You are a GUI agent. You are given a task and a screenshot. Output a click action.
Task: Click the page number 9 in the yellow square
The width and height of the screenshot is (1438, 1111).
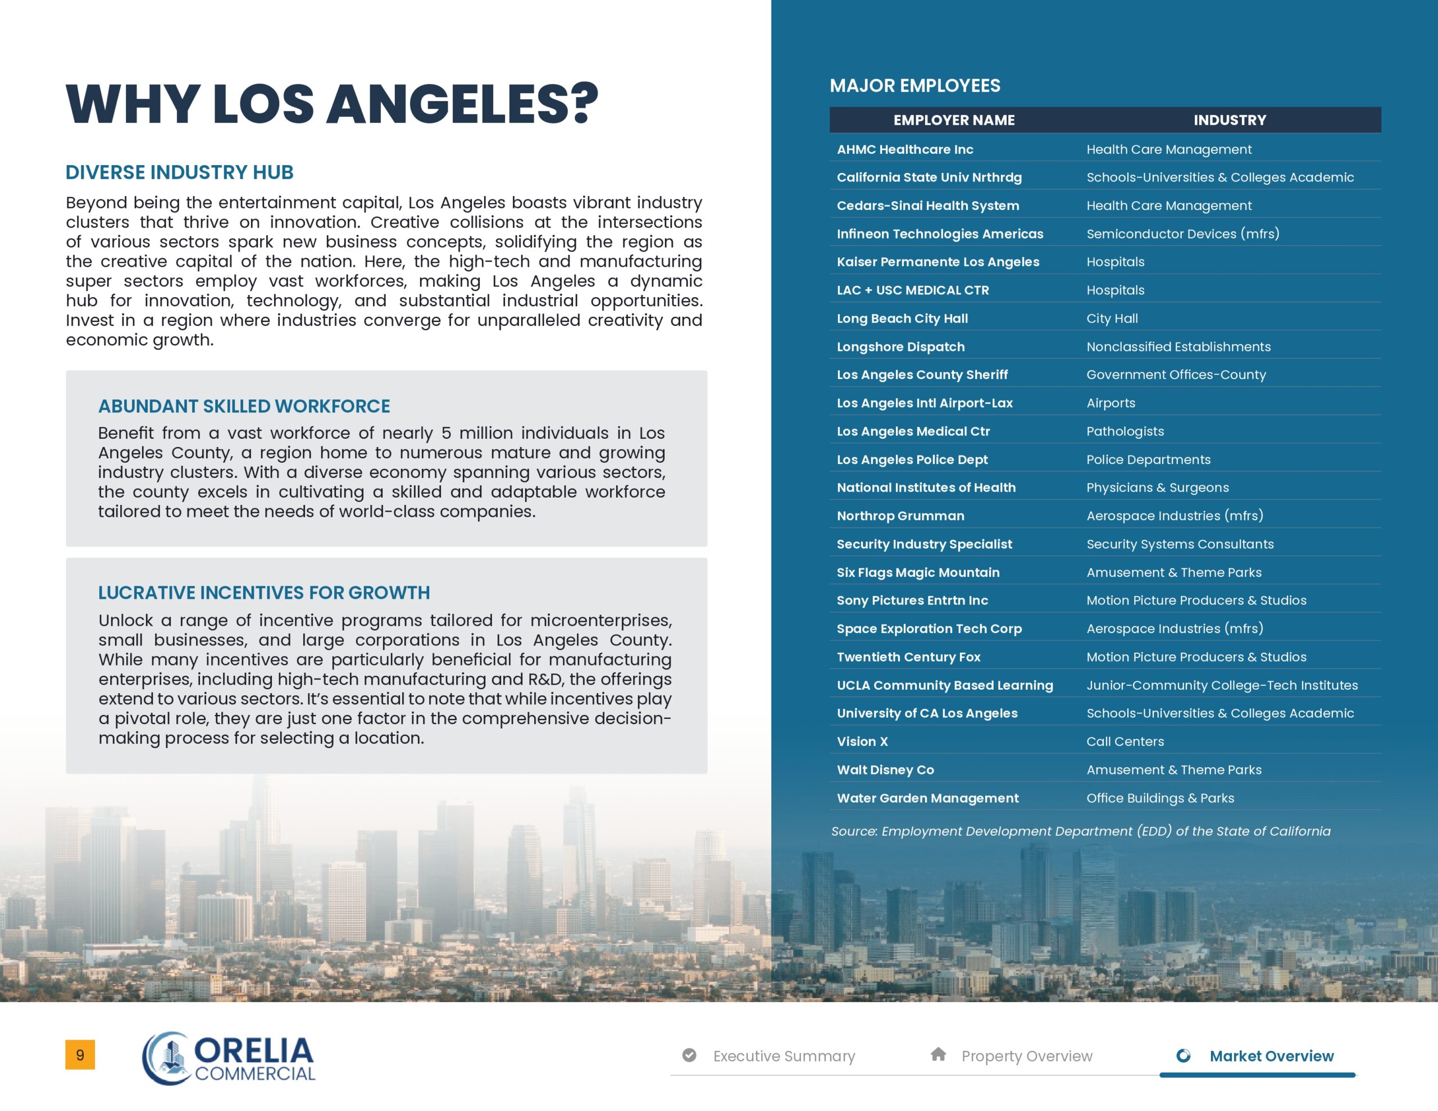80,1054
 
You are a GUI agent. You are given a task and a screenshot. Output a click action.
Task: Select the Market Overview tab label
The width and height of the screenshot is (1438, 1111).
1271,1056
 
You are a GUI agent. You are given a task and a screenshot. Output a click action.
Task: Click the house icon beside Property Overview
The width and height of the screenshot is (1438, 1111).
938,1054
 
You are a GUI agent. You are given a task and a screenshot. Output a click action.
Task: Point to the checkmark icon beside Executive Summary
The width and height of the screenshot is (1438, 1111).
689,1055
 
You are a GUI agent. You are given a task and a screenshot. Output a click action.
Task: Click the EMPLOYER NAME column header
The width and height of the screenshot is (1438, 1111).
953,120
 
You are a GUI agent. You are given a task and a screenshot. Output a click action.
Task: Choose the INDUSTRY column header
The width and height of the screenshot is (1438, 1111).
1229,120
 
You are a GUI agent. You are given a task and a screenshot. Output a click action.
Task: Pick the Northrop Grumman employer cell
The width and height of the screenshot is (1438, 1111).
900,516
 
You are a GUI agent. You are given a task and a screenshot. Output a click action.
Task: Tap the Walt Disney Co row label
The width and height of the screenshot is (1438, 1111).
885,770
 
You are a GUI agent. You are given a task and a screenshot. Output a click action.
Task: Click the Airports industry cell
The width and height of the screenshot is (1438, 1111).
1110,403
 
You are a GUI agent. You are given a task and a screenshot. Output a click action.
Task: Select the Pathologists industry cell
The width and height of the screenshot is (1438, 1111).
1125,431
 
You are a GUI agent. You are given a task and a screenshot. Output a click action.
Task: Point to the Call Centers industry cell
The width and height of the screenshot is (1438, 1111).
1125,741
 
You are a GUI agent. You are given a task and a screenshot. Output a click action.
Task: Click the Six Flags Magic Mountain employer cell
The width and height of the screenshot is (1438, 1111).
918,572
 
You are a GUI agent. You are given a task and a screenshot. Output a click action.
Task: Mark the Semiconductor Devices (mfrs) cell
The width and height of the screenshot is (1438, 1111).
1182,234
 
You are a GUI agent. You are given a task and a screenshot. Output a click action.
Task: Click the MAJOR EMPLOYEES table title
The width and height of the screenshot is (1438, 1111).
914,85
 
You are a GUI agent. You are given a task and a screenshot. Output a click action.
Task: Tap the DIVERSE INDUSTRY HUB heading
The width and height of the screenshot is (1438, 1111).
179,172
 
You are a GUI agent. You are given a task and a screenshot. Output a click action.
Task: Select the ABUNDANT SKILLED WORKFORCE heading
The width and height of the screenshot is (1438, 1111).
244,406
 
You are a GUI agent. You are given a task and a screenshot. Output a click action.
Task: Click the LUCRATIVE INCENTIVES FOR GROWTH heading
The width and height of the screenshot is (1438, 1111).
263,593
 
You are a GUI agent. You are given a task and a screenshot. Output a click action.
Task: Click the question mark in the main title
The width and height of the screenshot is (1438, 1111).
585,103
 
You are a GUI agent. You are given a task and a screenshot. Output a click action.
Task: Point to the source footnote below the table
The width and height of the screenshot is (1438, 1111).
1080,831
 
